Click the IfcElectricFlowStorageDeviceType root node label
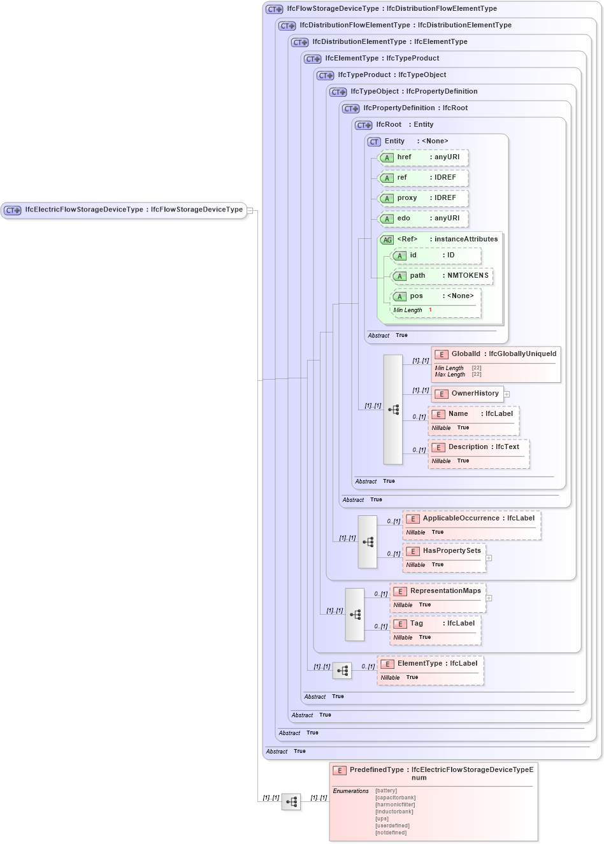pyautogui.click(x=134, y=210)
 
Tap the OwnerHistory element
pyautogui.click(x=475, y=394)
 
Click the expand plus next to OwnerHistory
pyautogui.click(x=507, y=394)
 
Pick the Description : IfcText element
pyautogui.click(x=483, y=447)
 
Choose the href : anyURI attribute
pyautogui.click(x=428, y=157)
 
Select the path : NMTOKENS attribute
pyautogui.click(x=449, y=276)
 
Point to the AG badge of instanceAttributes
pyautogui.click(x=387, y=240)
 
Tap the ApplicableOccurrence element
pyautogui.click(x=478, y=519)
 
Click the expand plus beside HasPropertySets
pyautogui.click(x=489, y=558)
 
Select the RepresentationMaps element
pyautogui.click(x=445, y=591)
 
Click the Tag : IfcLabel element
pyautogui.click(x=442, y=624)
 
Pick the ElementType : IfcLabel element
pyautogui.click(x=436, y=664)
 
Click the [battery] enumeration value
pyautogui.click(x=386, y=790)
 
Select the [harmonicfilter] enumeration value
pyautogui.click(x=394, y=805)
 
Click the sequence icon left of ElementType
pyautogui.click(x=342, y=671)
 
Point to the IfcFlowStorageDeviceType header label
pyautogui.click(x=391, y=9)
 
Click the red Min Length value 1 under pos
pyautogui.click(x=430, y=310)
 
